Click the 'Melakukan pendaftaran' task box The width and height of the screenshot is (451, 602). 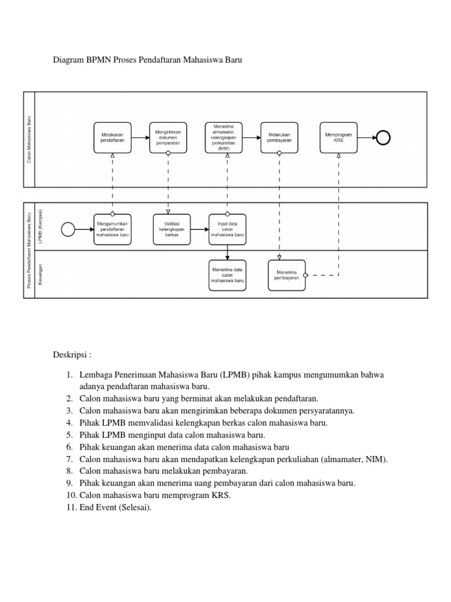click(x=112, y=138)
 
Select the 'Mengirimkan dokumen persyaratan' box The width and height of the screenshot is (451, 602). click(x=168, y=138)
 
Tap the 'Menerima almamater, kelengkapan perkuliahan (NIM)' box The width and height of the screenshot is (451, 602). click(x=223, y=138)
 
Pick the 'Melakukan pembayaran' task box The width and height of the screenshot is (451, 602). click(x=279, y=138)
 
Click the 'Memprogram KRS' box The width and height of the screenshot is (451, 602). click(x=338, y=138)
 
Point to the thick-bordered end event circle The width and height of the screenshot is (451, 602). click(x=383, y=138)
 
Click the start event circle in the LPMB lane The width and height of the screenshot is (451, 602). click(x=68, y=229)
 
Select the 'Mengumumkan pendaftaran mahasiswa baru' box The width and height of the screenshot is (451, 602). click(x=112, y=229)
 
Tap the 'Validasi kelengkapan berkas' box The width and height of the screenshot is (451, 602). click(x=168, y=229)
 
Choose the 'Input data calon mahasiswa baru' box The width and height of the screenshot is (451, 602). click(x=227, y=229)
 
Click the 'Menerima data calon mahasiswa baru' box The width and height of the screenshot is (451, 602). click(x=227, y=275)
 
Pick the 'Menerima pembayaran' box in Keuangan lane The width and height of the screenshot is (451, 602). click(x=287, y=275)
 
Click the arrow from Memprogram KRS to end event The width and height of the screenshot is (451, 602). click(x=366, y=138)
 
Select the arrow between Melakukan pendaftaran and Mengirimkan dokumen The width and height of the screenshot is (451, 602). click(x=140, y=138)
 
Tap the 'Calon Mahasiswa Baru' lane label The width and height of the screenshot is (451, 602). click(x=29, y=139)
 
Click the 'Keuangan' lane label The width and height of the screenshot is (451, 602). click(x=41, y=275)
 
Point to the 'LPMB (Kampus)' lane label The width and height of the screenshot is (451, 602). click(x=41, y=226)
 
